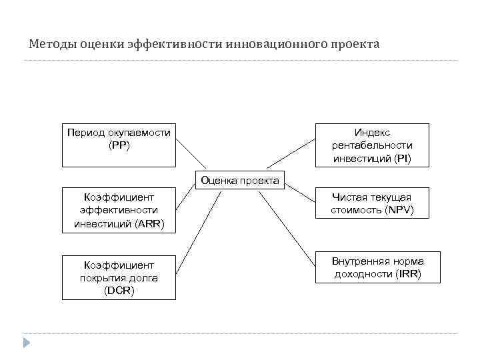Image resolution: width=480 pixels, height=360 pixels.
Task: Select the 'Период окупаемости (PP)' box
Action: [x=119, y=145]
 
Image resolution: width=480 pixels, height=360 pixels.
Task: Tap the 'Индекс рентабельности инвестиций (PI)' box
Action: [x=372, y=145]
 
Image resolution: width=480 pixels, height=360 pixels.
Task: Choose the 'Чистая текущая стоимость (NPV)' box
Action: [x=372, y=203]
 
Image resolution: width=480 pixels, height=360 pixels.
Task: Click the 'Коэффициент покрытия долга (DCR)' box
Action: [x=119, y=277]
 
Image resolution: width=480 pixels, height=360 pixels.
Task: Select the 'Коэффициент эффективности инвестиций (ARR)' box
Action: [x=119, y=210]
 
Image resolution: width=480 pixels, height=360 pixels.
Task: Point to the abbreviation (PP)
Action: [x=119, y=145]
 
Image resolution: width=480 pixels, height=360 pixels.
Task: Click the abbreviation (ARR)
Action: [x=150, y=223]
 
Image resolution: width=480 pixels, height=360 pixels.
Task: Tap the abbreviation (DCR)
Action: [x=119, y=290]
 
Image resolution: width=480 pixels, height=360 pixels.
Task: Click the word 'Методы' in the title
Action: [x=52, y=45]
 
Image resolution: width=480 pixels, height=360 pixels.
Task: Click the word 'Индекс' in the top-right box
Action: [x=372, y=133]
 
